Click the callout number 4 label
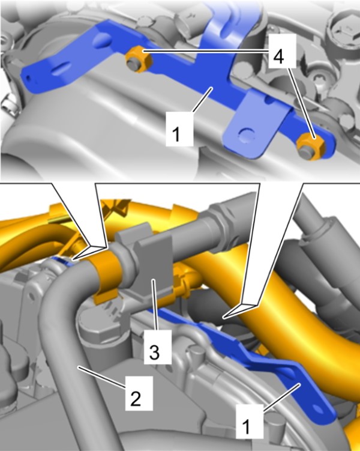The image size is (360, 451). [x=278, y=56]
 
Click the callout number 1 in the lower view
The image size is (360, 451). [x=247, y=427]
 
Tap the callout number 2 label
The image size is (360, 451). [x=136, y=398]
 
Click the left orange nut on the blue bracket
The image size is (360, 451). [x=139, y=59]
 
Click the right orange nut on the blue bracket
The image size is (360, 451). [x=311, y=146]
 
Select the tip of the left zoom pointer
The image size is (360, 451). [x=71, y=260]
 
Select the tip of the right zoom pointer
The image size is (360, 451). [x=223, y=318]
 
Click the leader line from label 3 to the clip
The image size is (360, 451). [x=155, y=304]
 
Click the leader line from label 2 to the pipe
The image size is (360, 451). [x=101, y=377]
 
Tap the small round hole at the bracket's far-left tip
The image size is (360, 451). [x=28, y=76]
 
